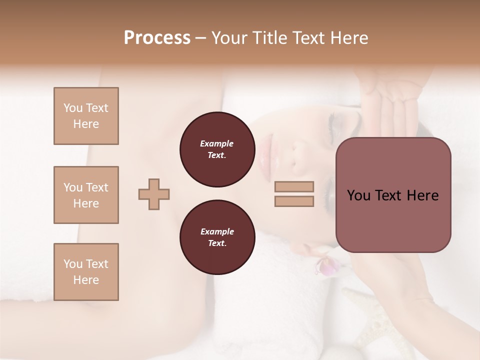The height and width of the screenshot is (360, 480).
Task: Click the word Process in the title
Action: click(157, 38)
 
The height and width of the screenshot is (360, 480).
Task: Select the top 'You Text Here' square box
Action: click(86, 116)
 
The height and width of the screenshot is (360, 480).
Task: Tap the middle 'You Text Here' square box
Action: click(86, 195)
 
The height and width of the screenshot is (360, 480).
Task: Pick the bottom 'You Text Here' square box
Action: click(86, 272)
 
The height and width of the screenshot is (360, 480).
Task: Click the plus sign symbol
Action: click(154, 194)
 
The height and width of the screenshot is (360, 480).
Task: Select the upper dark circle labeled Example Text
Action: click(217, 149)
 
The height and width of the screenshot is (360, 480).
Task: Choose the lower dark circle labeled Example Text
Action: click(217, 237)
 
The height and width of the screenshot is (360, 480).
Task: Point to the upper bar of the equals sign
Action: click(294, 187)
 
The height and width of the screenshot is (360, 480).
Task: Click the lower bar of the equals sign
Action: click(294, 201)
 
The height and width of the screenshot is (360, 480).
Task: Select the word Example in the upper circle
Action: click(217, 143)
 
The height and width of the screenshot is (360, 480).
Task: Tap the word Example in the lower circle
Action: click(217, 231)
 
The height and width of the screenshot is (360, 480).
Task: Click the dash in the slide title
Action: click(201, 38)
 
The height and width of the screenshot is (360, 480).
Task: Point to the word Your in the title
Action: click(230, 38)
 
